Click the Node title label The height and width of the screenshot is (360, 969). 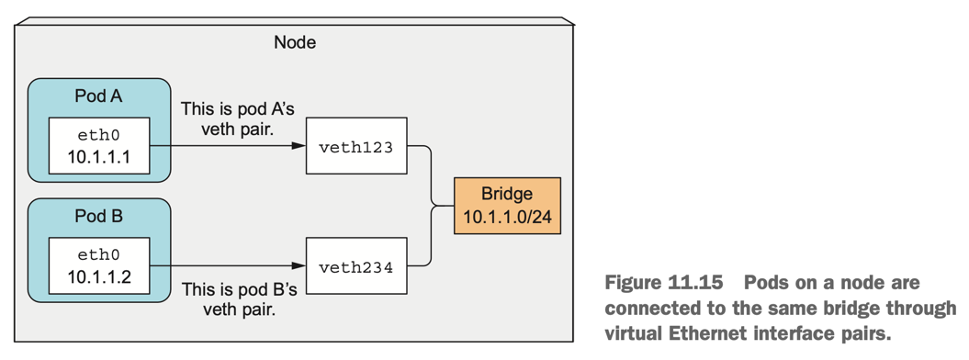pyautogui.click(x=295, y=42)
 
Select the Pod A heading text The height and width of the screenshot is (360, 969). pyautogui.click(x=98, y=96)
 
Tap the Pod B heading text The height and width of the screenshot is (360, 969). pyautogui.click(x=98, y=218)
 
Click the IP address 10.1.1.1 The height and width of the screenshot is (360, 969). pyautogui.click(x=99, y=157)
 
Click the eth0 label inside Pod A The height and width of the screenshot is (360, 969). pyautogui.click(x=99, y=134)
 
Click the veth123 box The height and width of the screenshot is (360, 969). pyautogui.click(x=355, y=146)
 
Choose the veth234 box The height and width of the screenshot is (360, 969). pyautogui.click(x=355, y=267)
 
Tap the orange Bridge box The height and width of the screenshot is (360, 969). pyautogui.click(x=506, y=206)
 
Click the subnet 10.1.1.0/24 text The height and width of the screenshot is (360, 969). pyautogui.click(x=506, y=218)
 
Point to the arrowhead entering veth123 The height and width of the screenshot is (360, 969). pyautogui.click(x=299, y=146)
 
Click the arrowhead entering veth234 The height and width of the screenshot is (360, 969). pyautogui.click(x=299, y=267)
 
